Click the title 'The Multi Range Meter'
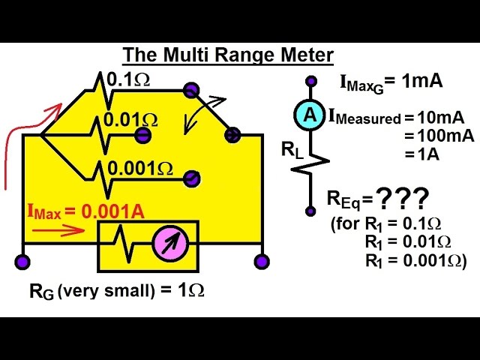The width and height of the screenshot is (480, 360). tap(228, 55)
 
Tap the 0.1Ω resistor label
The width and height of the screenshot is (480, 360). tap(129, 78)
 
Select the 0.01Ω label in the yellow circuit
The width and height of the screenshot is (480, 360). tap(130, 119)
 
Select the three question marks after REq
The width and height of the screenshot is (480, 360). tap(403, 199)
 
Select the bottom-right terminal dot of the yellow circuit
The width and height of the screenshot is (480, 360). tap(262, 262)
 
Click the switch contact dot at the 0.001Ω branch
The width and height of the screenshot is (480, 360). tap(192, 178)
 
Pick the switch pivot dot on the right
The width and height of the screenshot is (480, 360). tap(232, 135)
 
